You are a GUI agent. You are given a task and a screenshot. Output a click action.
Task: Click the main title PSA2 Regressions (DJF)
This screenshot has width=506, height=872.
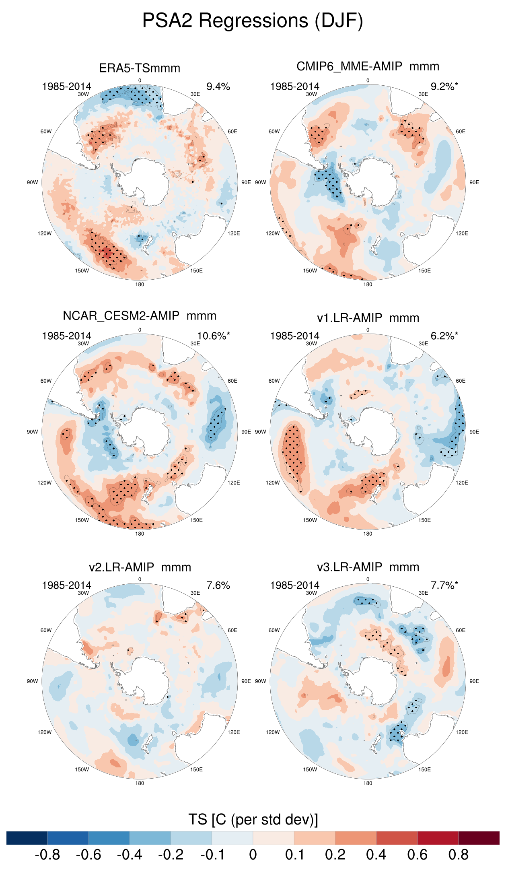pos(253,21)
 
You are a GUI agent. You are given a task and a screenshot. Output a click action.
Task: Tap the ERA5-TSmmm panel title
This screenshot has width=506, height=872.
pos(140,68)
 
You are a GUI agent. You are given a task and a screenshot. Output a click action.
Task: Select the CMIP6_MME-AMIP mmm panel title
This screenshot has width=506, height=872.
pos(368,66)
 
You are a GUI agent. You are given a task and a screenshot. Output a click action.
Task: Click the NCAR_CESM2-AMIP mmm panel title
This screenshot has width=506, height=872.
pos(140,316)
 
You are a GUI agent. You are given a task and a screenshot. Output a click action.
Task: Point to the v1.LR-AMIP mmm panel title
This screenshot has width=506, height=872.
pos(368,318)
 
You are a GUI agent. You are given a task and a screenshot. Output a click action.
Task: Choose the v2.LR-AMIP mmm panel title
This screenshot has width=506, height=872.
pos(140,567)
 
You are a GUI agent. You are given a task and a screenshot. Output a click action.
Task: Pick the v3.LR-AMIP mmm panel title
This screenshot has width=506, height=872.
pos(368,567)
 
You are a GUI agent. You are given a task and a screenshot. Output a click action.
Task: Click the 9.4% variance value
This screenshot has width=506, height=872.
pos(218,87)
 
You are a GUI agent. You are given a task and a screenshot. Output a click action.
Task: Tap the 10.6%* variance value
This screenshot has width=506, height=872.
pos(214,336)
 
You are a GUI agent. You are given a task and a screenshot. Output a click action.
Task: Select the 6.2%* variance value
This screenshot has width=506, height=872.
pos(444,336)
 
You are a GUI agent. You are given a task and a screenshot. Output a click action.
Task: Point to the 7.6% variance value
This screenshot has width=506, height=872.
pos(218,585)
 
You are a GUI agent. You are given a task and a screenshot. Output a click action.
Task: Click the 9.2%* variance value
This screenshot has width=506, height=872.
pos(444,87)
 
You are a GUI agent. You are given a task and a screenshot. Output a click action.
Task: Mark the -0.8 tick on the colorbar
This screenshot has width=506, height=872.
pos(47,855)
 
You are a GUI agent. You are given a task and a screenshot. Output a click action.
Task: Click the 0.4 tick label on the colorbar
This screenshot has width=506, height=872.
pos(376,855)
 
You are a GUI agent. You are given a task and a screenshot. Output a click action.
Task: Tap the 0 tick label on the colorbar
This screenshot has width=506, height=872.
pos(253,855)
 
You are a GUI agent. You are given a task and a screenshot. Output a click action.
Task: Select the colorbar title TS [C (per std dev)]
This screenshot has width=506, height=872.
pos(253,819)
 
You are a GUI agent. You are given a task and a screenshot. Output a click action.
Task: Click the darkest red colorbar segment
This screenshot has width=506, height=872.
pos(479,838)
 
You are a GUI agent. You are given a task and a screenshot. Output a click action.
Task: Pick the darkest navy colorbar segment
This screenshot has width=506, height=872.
pos(27,838)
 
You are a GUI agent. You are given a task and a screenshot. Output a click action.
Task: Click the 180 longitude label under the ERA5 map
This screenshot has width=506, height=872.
pos(140,284)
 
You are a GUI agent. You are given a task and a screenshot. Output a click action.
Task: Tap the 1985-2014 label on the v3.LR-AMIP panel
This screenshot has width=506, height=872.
pos(294,585)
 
